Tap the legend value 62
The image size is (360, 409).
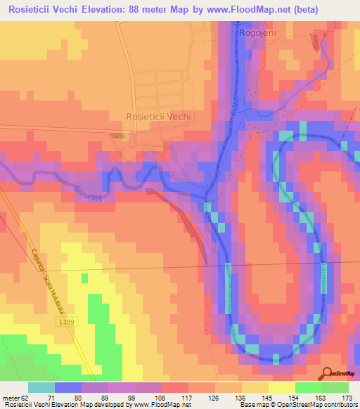tap(23, 397)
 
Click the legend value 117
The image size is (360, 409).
tap(186, 397)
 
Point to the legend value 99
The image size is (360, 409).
tap(132, 397)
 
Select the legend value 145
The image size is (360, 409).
tap(267, 397)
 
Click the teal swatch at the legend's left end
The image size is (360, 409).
tap(41, 387)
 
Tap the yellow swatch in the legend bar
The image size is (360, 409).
tap(282, 387)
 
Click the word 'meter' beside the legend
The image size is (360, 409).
tap(9, 397)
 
